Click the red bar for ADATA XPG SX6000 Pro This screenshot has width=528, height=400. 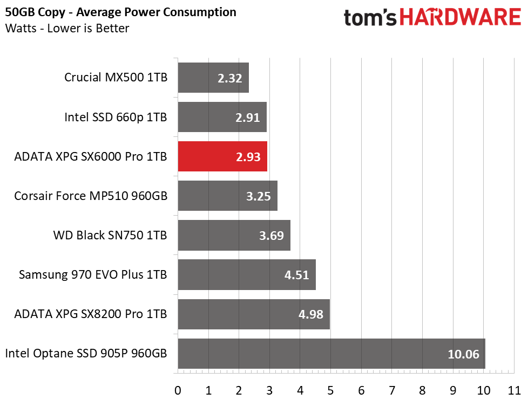[222, 156]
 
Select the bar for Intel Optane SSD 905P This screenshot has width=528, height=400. [331, 354]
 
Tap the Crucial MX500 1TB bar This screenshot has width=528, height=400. [213, 78]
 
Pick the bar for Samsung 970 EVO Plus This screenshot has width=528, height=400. [246, 275]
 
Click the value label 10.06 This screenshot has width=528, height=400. [463, 354]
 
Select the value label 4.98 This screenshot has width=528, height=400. [311, 314]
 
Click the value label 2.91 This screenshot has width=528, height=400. [248, 117]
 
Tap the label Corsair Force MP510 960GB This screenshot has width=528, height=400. [91, 196]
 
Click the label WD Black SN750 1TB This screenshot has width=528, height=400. [110, 235]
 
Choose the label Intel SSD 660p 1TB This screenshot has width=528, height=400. [116, 117]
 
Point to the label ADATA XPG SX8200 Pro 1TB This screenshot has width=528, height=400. [91, 314]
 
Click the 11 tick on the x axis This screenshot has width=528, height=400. [514, 389]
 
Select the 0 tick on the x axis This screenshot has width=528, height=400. [178, 389]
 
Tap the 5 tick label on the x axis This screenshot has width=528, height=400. [330, 389]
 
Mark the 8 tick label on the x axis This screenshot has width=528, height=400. [422, 389]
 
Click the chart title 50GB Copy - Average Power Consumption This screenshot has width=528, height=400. [120, 12]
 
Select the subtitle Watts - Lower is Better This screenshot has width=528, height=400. [67, 28]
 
